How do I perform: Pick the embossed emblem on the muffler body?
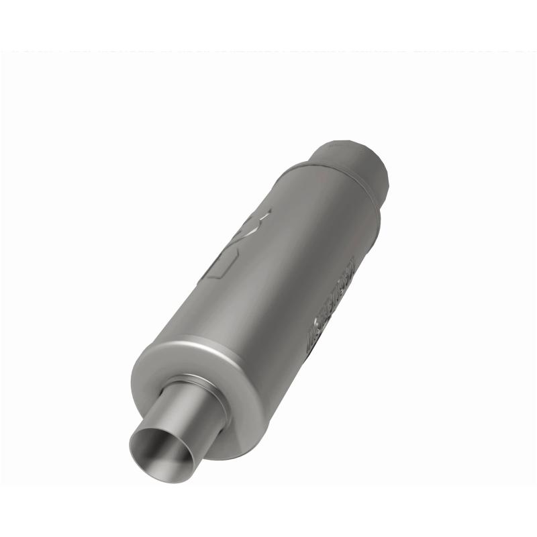(x=238, y=245)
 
